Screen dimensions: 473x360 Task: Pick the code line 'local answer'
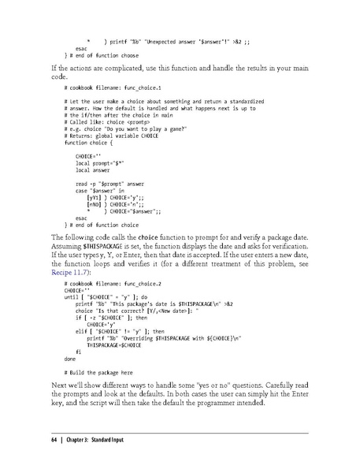[x=95, y=169]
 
